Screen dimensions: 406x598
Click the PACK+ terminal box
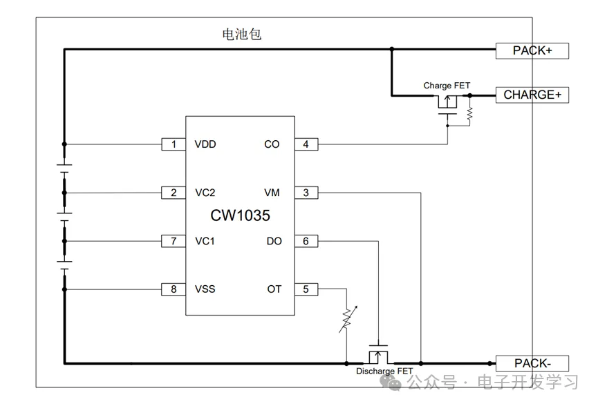(532, 50)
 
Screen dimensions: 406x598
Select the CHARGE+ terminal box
(532, 95)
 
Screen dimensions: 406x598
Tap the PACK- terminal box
(532, 363)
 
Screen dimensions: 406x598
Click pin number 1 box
(174, 144)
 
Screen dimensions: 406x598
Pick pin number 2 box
(174, 193)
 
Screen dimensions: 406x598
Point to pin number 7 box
(174, 241)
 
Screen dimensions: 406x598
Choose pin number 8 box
(174, 289)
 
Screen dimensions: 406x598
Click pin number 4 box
(306, 144)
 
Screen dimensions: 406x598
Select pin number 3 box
(306, 193)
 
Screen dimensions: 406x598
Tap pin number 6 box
(306, 241)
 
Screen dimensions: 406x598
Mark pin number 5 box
(306, 289)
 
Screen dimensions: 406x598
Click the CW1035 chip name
(240, 216)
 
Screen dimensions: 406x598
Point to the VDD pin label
(205, 144)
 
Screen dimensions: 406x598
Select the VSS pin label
(205, 289)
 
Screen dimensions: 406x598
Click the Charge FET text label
(447, 86)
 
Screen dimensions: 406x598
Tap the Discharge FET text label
(384, 371)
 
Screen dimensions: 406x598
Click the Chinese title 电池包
(241, 35)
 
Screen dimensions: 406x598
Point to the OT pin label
(274, 289)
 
